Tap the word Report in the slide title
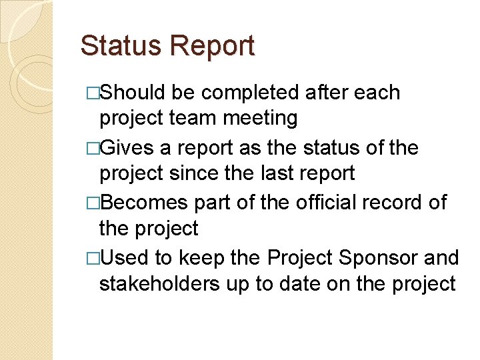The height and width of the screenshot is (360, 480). point(212,47)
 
